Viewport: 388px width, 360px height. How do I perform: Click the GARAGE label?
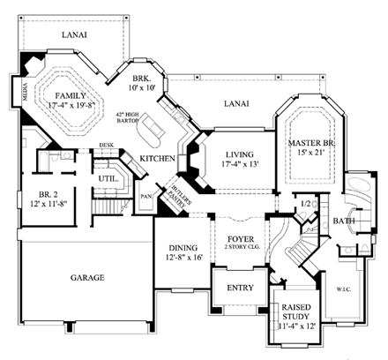(87, 277)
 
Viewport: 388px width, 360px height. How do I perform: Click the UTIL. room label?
(109, 177)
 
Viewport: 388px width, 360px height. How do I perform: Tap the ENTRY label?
(240, 288)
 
